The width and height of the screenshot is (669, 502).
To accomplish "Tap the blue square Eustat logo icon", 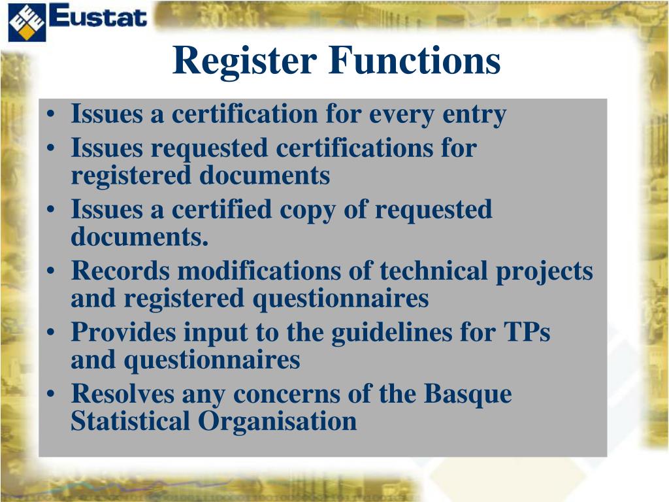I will (27, 22).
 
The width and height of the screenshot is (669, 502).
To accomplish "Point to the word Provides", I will (123, 333).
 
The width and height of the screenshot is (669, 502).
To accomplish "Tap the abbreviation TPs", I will (526, 333).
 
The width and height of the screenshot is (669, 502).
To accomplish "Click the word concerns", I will (297, 394).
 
